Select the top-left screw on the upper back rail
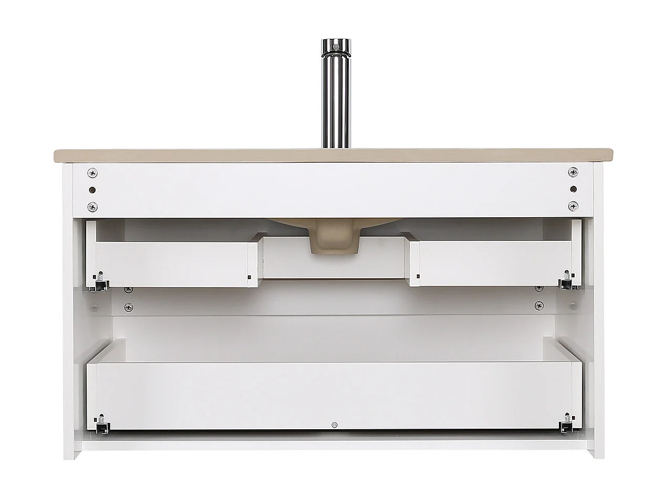point(92,172)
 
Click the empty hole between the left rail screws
point(92,189)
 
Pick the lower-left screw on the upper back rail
point(92,206)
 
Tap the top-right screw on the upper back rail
point(573,172)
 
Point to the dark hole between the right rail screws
point(573,189)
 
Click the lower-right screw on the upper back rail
point(573,206)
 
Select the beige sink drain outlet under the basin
point(334,242)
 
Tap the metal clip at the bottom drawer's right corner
point(566,424)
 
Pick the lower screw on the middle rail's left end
point(128,307)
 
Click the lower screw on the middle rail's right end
point(539,306)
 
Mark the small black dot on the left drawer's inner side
point(249,277)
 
